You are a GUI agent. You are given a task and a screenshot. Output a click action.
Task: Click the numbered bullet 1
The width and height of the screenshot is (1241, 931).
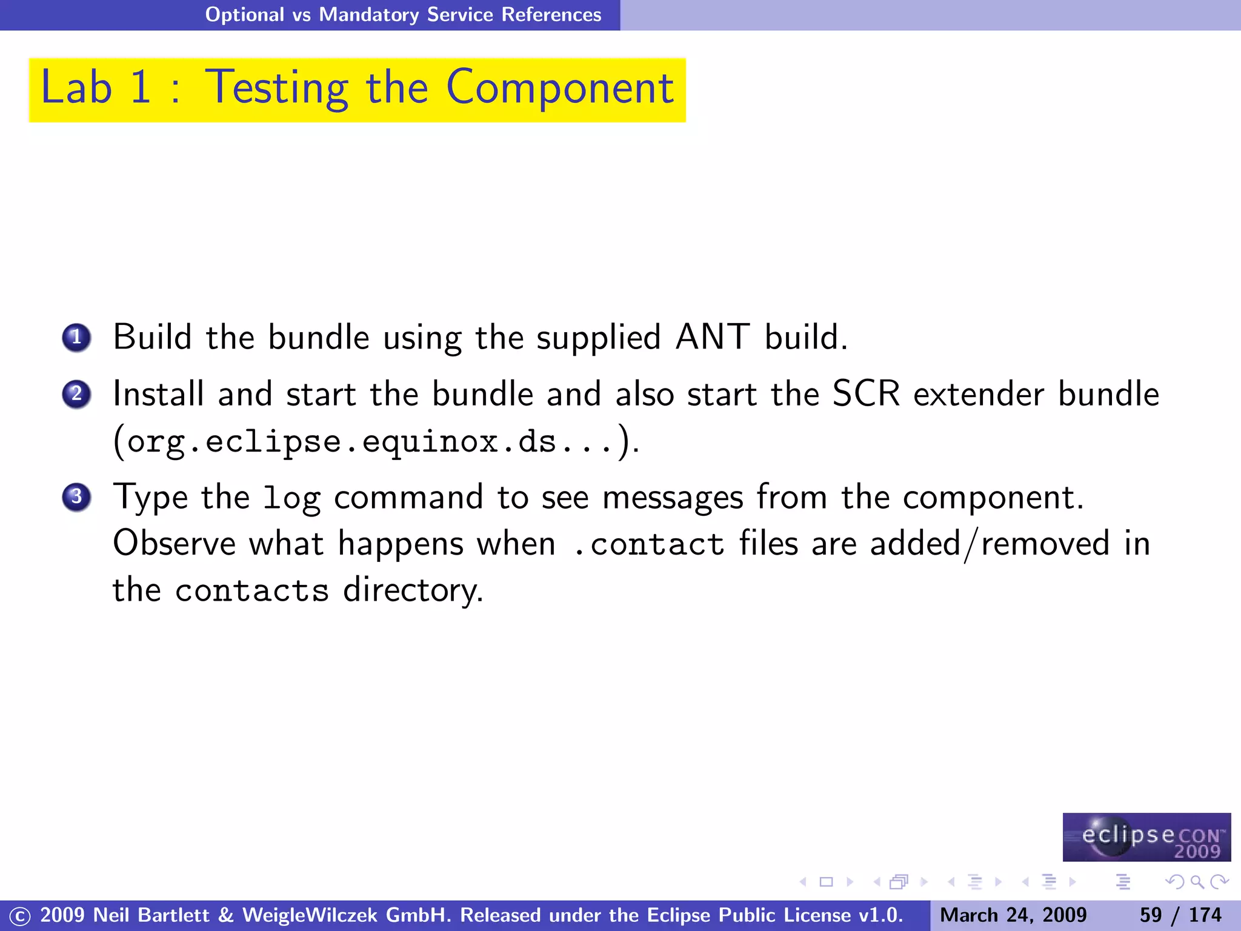click(76, 338)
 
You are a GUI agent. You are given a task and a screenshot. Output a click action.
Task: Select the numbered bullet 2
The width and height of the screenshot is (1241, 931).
click(76, 395)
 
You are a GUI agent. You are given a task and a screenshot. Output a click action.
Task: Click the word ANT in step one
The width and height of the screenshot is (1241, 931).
click(713, 337)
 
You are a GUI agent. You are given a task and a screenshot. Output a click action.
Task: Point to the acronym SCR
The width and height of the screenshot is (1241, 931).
click(866, 394)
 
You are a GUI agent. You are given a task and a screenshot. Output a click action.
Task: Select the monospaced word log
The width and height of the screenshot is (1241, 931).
click(292, 498)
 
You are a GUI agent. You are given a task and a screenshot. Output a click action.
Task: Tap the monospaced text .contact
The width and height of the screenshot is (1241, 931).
click(648, 544)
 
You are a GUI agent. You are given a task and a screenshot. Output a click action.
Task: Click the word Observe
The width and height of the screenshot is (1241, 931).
click(175, 543)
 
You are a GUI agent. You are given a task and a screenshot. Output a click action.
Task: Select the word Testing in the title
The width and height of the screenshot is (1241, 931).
click(278, 89)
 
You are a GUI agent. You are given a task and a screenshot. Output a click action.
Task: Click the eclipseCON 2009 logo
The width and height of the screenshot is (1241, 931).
click(1146, 837)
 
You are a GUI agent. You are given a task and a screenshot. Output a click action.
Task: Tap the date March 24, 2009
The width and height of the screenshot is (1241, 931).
click(1013, 915)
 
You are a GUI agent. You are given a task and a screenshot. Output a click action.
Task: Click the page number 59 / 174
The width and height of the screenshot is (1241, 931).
click(1180, 915)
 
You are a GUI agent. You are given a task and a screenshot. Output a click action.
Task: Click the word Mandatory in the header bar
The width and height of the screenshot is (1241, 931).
click(369, 15)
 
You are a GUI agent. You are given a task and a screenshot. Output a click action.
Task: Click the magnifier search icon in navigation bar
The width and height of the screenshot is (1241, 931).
click(1197, 882)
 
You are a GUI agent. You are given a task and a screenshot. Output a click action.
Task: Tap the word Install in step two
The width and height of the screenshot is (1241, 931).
click(159, 394)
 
